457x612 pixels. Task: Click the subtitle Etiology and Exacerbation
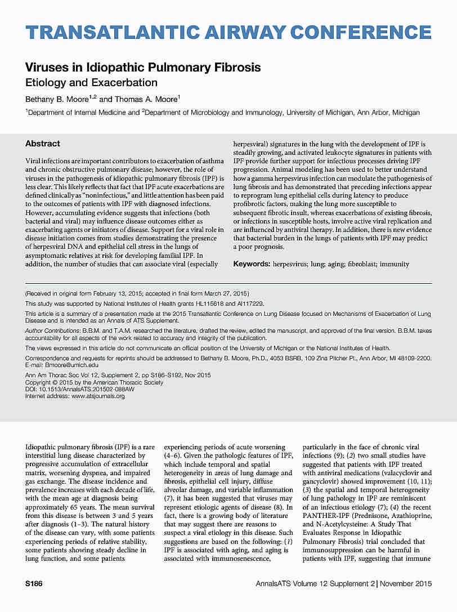83,83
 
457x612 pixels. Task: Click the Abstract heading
43,144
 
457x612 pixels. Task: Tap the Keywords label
252,263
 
